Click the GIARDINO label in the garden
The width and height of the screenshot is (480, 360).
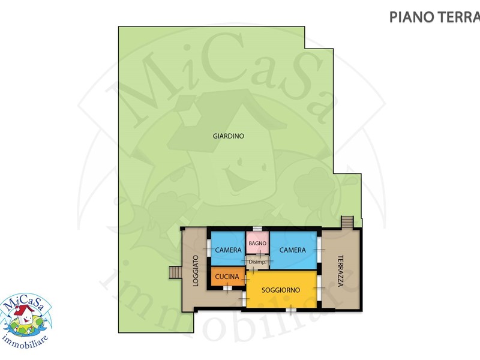(x=229, y=136)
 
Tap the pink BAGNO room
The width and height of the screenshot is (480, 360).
(x=257, y=242)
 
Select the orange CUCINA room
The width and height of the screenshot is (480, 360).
(x=228, y=277)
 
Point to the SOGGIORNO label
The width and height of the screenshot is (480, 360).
(x=281, y=290)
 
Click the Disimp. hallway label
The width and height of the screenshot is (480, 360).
(x=257, y=262)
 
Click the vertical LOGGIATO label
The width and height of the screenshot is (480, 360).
(x=196, y=271)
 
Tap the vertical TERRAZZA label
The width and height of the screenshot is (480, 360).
(x=340, y=271)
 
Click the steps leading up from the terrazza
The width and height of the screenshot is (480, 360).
(x=347, y=222)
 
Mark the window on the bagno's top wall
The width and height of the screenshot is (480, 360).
(x=257, y=229)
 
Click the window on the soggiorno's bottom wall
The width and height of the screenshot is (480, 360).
(x=291, y=310)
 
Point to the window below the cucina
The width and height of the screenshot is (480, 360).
(x=228, y=288)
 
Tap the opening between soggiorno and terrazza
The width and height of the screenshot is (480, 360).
(x=319, y=288)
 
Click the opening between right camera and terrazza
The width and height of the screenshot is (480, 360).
(x=319, y=250)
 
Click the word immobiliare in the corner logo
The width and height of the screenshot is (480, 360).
(x=25, y=342)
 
